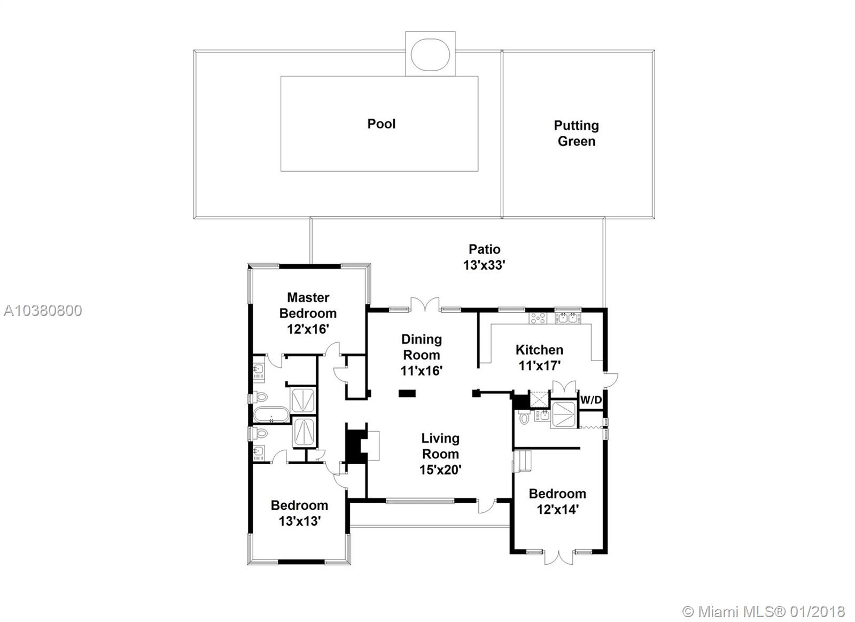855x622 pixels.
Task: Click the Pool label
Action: [382, 124]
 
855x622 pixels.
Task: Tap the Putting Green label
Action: [577, 133]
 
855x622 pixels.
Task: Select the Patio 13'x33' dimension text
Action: [484, 265]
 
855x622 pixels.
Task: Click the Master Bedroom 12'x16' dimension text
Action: [308, 329]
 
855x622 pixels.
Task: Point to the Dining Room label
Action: [422, 347]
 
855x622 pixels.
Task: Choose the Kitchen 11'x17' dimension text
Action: [539, 366]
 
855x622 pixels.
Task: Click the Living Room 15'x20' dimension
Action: [440, 470]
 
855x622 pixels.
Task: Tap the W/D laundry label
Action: [591, 400]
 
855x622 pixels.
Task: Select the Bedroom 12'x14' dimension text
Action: [558, 509]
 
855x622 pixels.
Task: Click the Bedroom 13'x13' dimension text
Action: [299, 521]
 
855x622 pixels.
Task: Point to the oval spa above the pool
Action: [431, 54]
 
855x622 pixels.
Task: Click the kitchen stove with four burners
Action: [538, 318]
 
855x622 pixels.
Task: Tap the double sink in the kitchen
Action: [568, 318]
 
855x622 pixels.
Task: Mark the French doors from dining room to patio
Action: [425, 304]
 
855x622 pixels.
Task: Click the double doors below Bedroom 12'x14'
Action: [559, 557]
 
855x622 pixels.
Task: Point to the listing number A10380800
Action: [43, 311]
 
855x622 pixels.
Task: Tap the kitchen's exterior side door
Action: [611, 380]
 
